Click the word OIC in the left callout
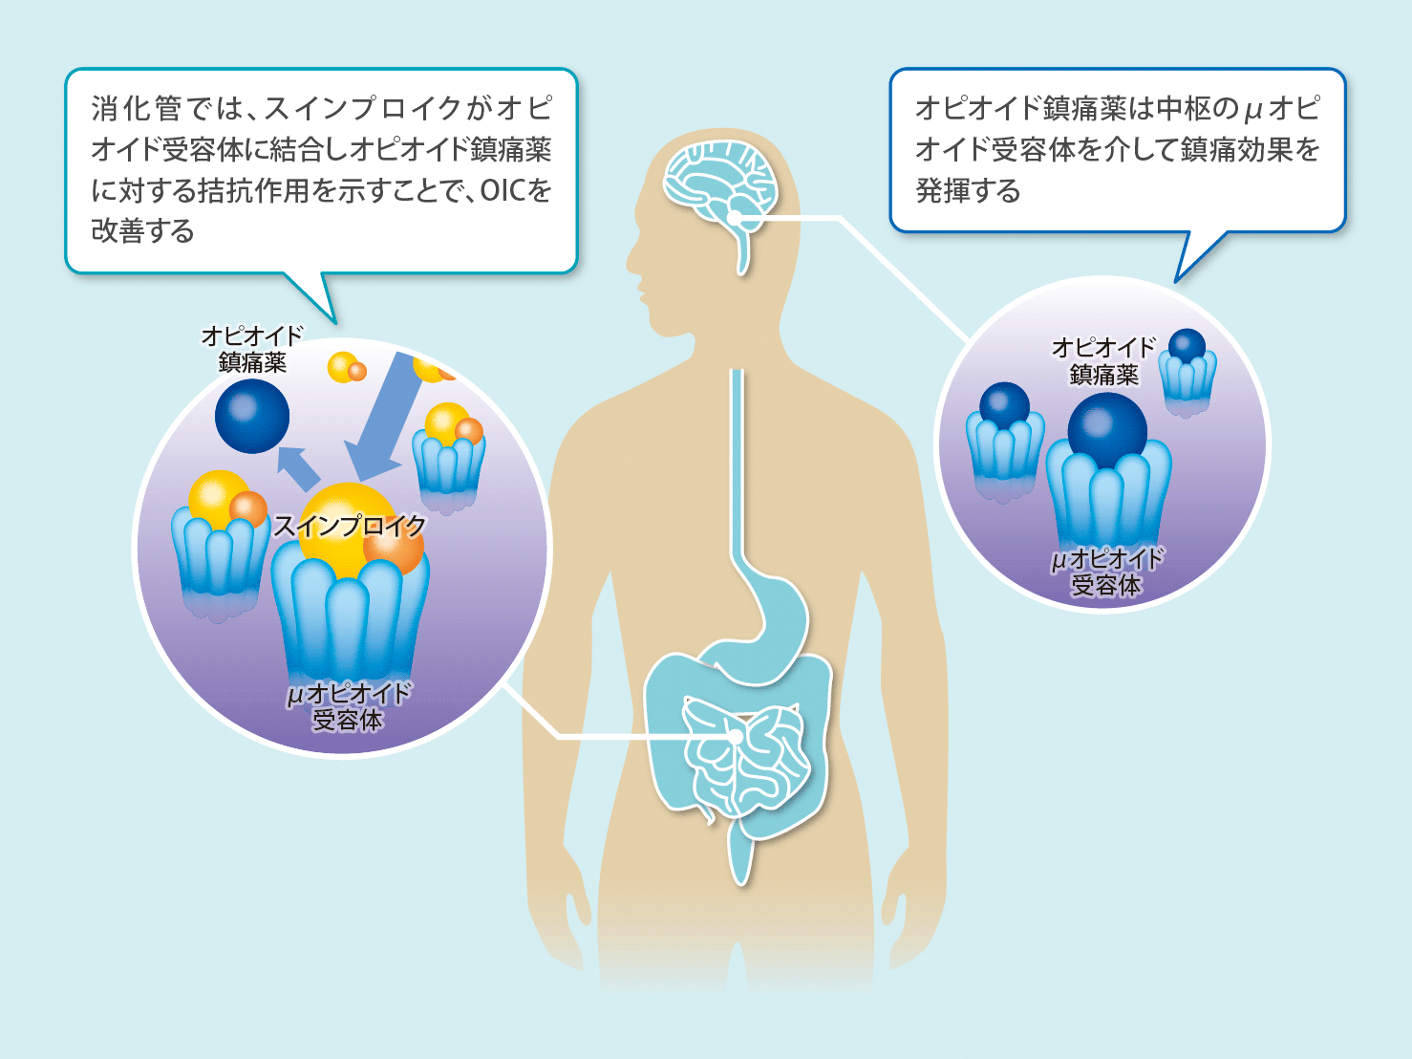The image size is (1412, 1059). (503, 190)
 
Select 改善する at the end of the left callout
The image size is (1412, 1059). (142, 231)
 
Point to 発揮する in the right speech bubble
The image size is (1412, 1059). (968, 190)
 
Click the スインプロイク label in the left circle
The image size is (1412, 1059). (350, 526)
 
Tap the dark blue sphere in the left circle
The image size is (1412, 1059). (252, 416)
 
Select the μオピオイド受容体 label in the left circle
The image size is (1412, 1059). (348, 706)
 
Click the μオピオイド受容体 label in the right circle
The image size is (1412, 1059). (1106, 572)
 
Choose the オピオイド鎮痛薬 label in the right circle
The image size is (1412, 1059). (1103, 360)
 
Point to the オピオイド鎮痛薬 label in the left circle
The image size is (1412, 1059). (252, 349)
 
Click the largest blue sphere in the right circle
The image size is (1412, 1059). (1107, 430)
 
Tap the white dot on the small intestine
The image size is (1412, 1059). (735, 737)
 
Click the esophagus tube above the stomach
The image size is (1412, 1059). (737, 459)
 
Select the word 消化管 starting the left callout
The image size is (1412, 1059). (137, 109)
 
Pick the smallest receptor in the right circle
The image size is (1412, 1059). (1187, 378)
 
